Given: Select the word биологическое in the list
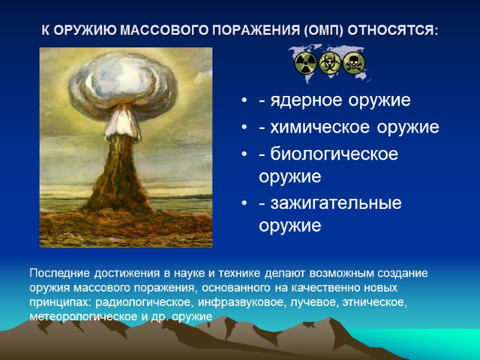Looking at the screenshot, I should (x=329, y=154).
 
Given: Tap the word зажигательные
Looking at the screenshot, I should (x=330, y=203).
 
